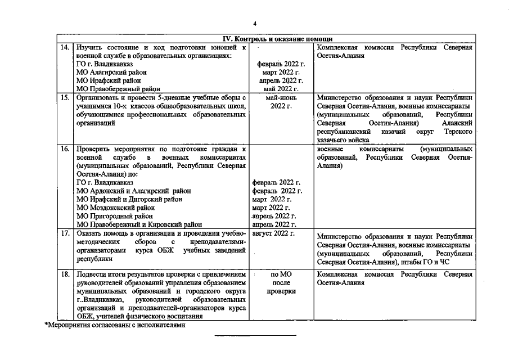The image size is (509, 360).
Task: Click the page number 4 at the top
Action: click(x=255, y=24)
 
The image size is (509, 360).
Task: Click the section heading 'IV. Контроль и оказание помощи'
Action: click(x=277, y=39)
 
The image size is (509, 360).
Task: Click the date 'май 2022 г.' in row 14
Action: click(x=280, y=89)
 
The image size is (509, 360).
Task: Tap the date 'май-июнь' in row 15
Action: click(x=280, y=97)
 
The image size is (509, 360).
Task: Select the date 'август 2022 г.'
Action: click(x=274, y=233)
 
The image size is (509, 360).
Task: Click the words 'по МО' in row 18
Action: click(x=280, y=274)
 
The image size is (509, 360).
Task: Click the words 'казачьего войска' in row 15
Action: click(x=343, y=139)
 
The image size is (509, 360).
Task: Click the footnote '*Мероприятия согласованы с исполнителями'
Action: click(x=115, y=325)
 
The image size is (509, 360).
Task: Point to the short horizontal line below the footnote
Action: click(x=255, y=336)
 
